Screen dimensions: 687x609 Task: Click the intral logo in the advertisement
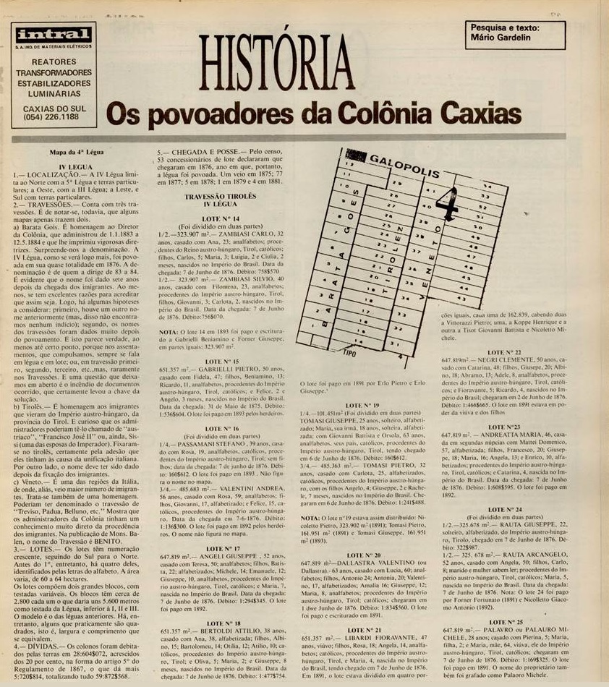[54, 34]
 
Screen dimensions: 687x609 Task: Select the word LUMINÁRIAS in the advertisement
[53, 93]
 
